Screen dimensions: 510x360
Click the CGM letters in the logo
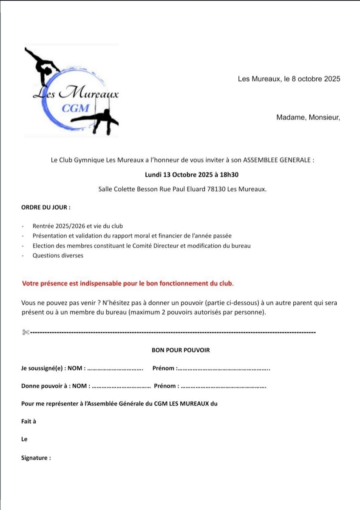pos(76,108)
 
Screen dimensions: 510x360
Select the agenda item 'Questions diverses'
pos(58,255)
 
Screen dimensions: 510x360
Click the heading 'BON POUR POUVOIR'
pos(180,350)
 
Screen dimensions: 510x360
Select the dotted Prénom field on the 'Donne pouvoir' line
pos(224,386)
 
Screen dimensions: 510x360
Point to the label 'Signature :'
pos(36,458)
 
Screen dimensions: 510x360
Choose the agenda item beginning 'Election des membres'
pos(141,246)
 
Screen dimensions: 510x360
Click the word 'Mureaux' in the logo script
pos(91,91)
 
